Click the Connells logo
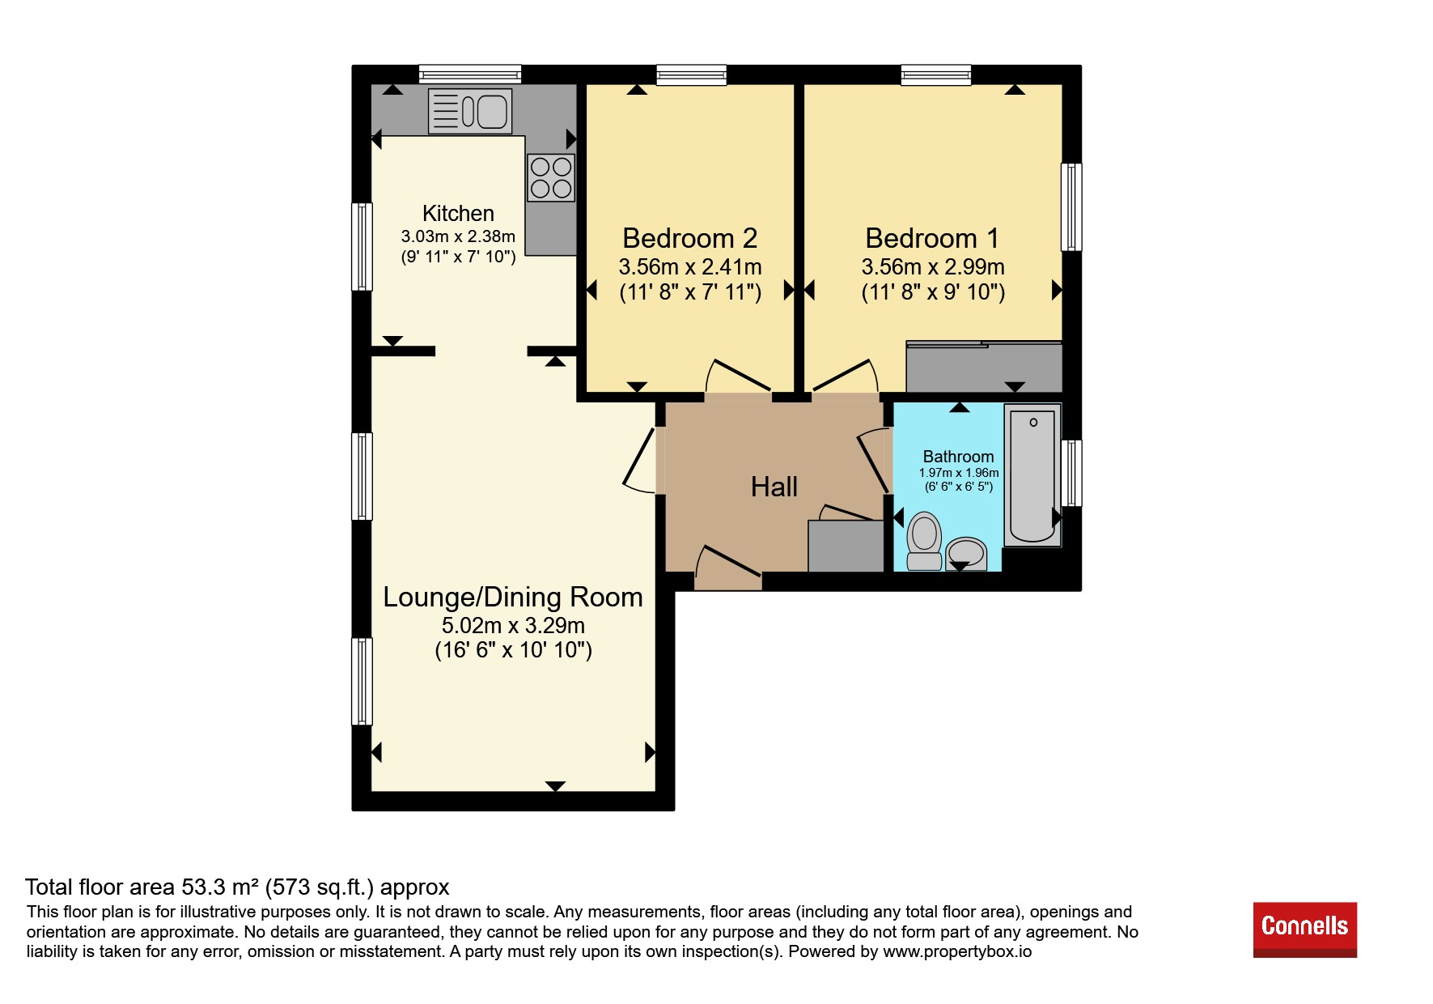pyautogui.click(x=1304, y=930)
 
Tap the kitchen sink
pyautogui.click(x=470, y=111)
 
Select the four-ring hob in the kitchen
pyautogui.click(x=551, y=177)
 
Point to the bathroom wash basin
pyautogui.click(x=966, y=555)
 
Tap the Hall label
pyautogui.click(x=774, y=487)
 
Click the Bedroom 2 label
pyautogui.click(x=690, y=238)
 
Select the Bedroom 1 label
pyautogui.click(x=932, y=238)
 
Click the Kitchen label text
pyautogui.click(x=458, y=213)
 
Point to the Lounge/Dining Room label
pyautogui.click(x=513, y=598)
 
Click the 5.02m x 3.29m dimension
pyautogui.click(x=513, y=625)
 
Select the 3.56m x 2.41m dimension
pyautogui.click(x=690, y=266)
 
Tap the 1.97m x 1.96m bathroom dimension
pyautogui.click(x=959, y=473)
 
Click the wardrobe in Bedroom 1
pyautogui.click(x=984, y=367)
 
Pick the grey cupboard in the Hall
pyautogui.click(x=846, y=546)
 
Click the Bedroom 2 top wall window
pyautogui.click(x=691, y=75)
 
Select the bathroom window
pyautogui.click(x=1071, y=473)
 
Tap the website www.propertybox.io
pyautogui.click(x=957, y=951)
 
